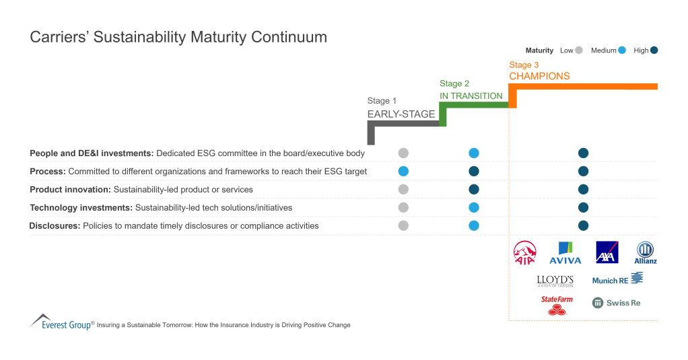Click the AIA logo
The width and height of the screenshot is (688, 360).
pos(525,253)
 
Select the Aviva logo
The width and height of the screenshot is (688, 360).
pos(565,253)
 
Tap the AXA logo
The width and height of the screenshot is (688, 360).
pos(607,252)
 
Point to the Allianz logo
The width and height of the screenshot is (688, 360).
pos(646,253)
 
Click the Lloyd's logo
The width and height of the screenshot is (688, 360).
pos(555,281)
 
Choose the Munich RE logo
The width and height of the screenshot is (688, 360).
pos(617,279)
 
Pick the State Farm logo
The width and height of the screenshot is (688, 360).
pos(556,305)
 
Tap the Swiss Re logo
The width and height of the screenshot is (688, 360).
pos(616,303)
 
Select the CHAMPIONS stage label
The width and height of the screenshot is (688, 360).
pos(539,76)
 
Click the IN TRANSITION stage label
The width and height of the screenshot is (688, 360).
pos(471,96)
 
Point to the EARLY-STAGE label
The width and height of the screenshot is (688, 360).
pos(401,114)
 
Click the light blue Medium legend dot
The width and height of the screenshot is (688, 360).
pos(622,50)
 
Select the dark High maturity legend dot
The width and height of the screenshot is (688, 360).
pos(654,50)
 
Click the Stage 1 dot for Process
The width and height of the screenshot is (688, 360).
pos(403,171)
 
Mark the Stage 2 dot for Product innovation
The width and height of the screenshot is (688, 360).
pos(473,189)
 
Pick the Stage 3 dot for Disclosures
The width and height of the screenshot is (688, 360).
pos(583,225)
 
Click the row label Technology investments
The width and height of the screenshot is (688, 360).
pos(81,207)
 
